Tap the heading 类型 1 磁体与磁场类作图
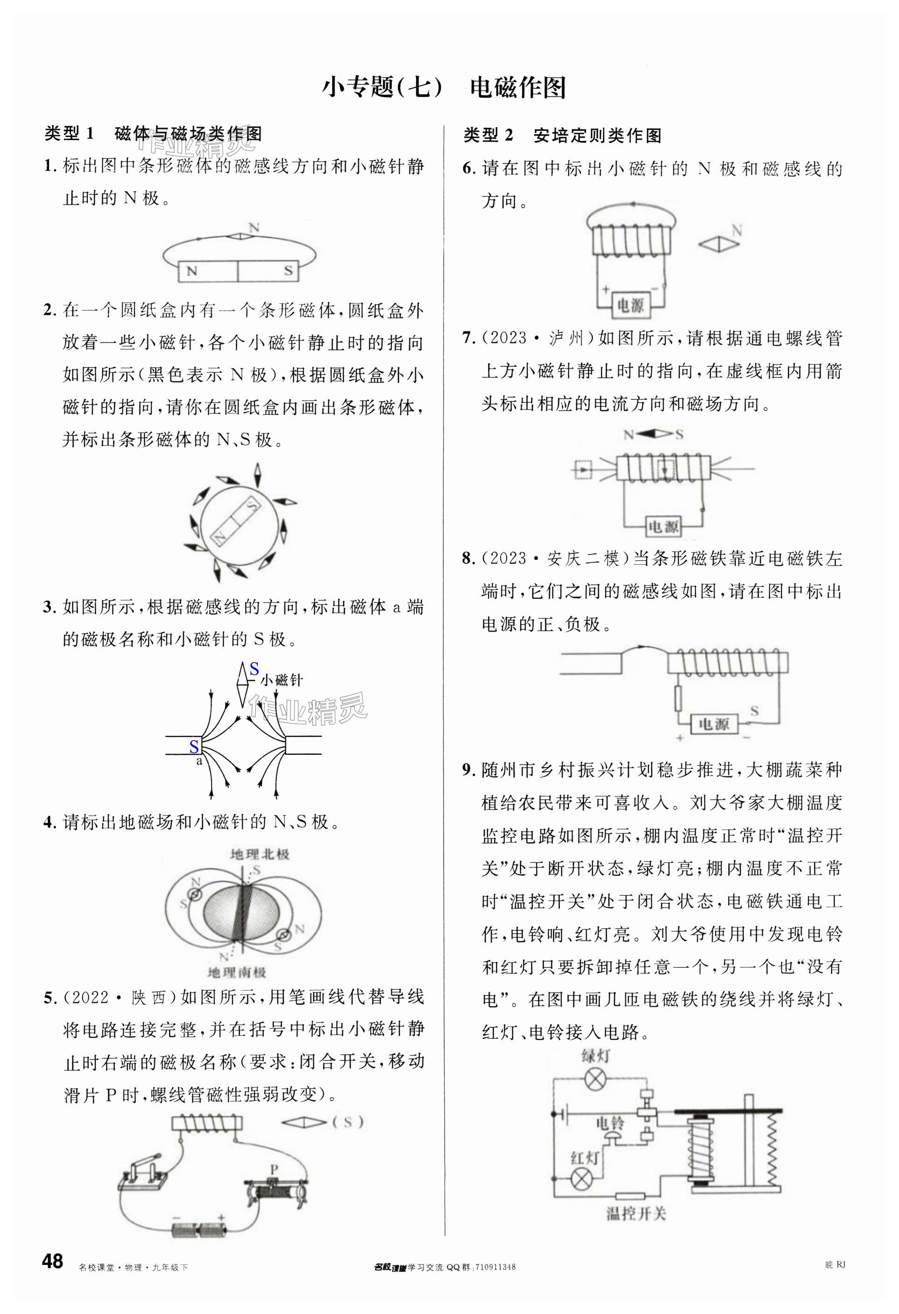153,134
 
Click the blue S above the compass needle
255,669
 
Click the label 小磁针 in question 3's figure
282,680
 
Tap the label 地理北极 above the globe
260,854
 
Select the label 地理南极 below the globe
236,973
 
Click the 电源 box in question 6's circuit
630,306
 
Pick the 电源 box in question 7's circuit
663,527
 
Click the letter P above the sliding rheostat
274,1169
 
